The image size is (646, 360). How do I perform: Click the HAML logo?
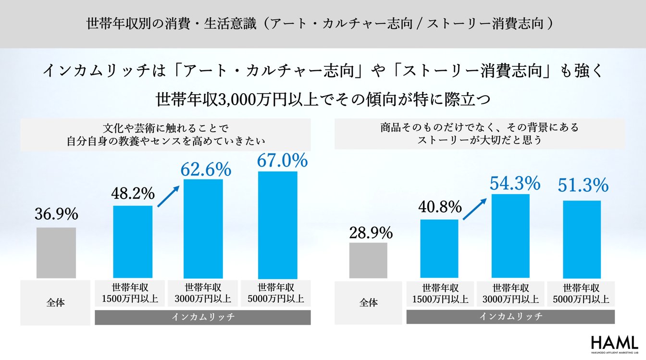click(x=614, y=343)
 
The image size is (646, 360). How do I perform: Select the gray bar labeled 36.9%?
click(x=56, y=252)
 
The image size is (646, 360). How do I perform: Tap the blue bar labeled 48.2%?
click(x=133, y=242)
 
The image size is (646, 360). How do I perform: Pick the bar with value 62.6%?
click(x=203, y=228)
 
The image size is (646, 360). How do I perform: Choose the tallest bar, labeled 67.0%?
click(x=277, y=224)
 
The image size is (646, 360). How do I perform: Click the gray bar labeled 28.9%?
click(x=368, y=260)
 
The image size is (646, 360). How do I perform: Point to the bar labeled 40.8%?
click(x=439, y=248)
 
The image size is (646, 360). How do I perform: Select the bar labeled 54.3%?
click(x=510, y=236)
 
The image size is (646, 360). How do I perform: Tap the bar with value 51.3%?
click(x=582, y=239)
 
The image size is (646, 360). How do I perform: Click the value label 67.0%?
click(x=282, y=161)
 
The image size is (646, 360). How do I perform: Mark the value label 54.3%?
click(x=515, y=183)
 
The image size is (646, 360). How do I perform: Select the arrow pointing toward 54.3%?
click(x=474, y=210)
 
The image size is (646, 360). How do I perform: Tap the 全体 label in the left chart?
click(x=56, y=303)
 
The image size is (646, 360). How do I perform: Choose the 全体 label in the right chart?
click(x=369, y=303)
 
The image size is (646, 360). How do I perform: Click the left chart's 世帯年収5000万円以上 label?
click(x=275, y=293)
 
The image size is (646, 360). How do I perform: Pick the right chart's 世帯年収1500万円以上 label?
click(x=440, y=294)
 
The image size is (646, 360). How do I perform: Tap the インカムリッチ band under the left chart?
click(x=202, y=317)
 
